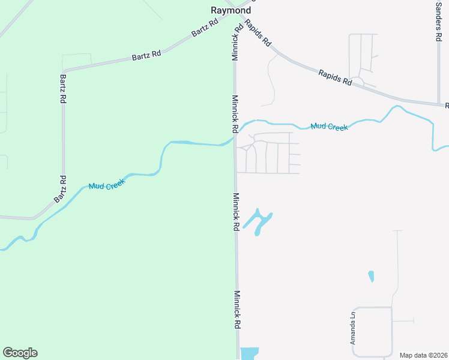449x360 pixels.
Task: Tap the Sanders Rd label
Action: tap(438, 22)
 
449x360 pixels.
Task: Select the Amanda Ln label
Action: tap(354, 328)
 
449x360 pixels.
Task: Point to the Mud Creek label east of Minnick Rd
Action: tap(329, 127)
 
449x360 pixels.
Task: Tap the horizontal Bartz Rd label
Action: tap(146, 55)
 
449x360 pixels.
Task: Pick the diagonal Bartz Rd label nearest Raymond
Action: tap(205, 28)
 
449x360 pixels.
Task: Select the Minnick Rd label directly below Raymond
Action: tap(237, 42)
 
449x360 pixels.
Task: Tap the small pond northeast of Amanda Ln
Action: tap(371, 277)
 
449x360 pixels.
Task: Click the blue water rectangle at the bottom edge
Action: tap(249, 353)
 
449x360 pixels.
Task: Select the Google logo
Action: tap(20, 353)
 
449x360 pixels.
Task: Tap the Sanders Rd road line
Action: tap(439, 72)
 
